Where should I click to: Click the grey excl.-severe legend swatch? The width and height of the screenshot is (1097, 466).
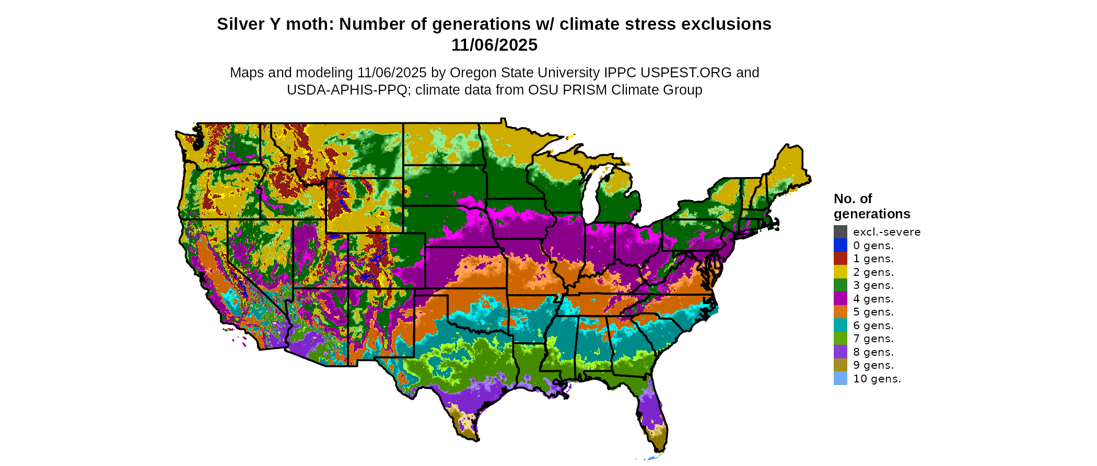840,232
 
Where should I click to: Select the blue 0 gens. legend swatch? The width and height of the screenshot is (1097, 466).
840,245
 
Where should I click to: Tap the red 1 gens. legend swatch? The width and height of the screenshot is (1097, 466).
840,259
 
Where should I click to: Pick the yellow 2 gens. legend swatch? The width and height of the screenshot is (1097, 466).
840,272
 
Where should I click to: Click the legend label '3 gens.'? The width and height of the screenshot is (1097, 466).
873,285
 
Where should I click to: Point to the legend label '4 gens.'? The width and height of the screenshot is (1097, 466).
873,299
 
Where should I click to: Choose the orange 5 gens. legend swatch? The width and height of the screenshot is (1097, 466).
840,312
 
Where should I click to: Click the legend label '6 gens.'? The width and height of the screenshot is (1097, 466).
873,325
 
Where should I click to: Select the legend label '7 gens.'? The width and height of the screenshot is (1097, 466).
873,339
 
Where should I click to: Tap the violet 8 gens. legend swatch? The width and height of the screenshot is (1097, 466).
840,352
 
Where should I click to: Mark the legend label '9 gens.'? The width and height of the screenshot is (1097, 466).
873,365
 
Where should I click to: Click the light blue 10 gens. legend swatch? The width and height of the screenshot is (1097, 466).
840,379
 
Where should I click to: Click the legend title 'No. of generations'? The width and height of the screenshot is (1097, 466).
871,206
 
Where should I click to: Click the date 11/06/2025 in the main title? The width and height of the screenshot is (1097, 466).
494,45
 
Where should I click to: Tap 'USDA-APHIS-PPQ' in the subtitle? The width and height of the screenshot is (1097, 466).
347,90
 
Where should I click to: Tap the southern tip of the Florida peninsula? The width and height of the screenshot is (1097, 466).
659,448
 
